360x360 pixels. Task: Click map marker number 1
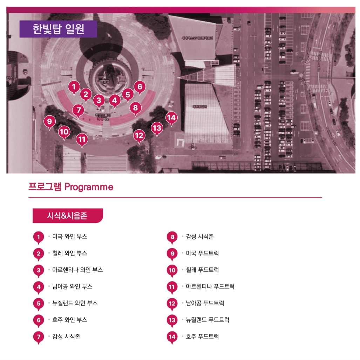coord(73,87)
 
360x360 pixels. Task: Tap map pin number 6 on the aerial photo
coord(140,87)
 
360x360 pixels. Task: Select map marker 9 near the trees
coord(50,122)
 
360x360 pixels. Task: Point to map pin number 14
coord(171,118)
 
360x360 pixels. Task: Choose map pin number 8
coord(136,108)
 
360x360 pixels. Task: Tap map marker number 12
coord(139,135)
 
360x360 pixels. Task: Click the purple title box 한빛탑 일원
coord(58,29)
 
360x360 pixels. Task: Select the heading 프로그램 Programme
coord(71,187)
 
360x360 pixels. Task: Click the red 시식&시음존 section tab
coord(67,216)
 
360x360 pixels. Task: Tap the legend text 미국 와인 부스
coord(70,237)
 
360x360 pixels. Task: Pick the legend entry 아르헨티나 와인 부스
coord(77,270)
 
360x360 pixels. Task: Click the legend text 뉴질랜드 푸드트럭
coord(208,320)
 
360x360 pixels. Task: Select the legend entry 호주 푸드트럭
coord(202,337)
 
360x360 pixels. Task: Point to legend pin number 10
coord(172,270)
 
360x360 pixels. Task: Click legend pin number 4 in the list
coord(39,287)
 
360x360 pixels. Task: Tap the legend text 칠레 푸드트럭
coord(202,270)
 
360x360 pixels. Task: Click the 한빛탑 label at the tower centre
coord(104,81)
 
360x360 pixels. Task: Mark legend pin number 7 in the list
coord(39,337)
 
